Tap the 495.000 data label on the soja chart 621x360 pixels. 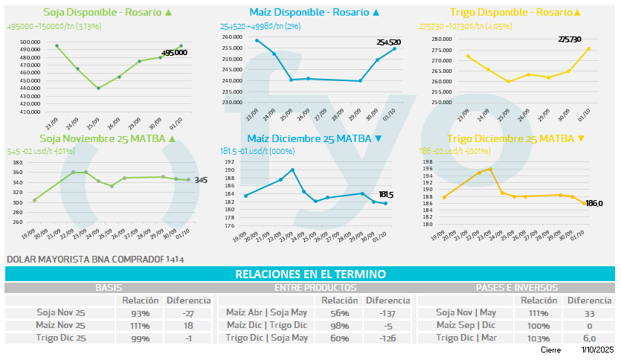click(174, 53)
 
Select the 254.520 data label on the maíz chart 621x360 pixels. click(388, 42)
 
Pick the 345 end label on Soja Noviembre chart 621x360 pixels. click(201, 180)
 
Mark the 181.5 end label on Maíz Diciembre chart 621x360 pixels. click(386, 195)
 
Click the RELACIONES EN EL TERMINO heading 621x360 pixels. click(310, 274)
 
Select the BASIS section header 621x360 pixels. click(109, 287)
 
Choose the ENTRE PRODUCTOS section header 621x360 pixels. click(315, 287)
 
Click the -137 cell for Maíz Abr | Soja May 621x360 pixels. click(387, 313)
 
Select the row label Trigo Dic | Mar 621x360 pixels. click(466, 338)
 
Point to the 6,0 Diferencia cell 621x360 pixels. click(589, 338)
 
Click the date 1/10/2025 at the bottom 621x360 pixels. click(598, 350)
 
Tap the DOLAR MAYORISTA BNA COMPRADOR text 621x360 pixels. click(85, 260)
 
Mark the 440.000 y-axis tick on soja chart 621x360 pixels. click(30, 89)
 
